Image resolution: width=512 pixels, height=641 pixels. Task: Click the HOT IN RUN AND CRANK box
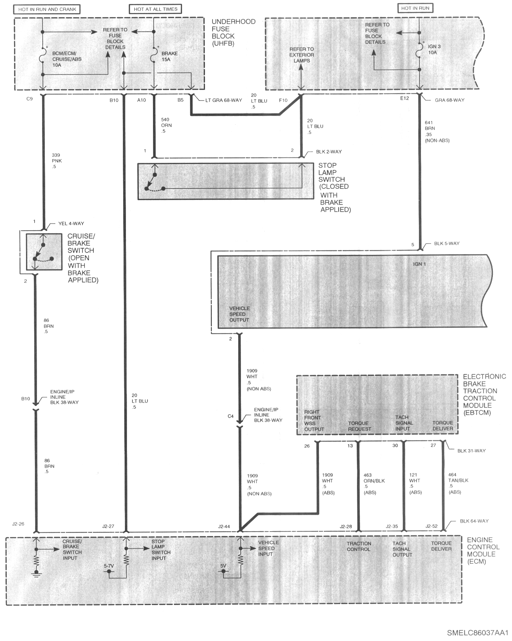point(47,9)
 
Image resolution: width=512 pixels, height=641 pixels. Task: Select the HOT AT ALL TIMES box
point(155,9)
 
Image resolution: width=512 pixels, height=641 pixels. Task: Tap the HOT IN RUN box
point(415,8)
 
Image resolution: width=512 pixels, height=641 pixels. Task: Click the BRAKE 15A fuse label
point(169,56)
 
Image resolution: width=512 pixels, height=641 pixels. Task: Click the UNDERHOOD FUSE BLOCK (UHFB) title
point(233,32)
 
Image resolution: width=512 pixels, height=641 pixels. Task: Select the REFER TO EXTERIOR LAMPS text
point(302,55)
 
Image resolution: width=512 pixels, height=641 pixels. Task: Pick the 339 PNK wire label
point(56,161)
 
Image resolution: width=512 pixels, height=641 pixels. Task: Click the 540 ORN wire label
point(166,126)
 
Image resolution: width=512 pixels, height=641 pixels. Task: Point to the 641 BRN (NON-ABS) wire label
point(437,131)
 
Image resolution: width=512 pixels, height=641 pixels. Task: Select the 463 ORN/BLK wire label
point(374,484)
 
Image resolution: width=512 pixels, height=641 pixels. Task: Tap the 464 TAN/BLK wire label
point(458,483)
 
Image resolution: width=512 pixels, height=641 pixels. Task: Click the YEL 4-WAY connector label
point(71,223)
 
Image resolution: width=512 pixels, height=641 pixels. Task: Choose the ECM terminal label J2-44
point(224,526)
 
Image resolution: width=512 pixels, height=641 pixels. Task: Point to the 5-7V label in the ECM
point(109,566)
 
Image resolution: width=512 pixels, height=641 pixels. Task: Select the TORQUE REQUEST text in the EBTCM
point(359,426)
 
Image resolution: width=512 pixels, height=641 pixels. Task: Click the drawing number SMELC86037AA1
point(478,632)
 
